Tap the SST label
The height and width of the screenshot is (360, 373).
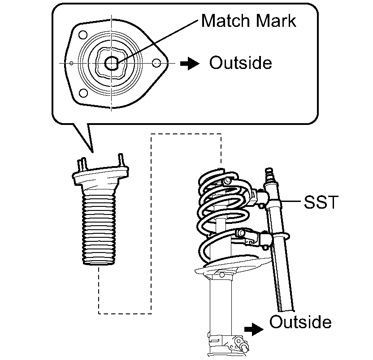320,203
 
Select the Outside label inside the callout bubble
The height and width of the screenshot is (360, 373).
241,63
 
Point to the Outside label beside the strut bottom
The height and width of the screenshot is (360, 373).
300,322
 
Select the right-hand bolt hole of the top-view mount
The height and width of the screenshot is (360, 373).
156,63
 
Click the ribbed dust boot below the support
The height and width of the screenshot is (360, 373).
100,228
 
